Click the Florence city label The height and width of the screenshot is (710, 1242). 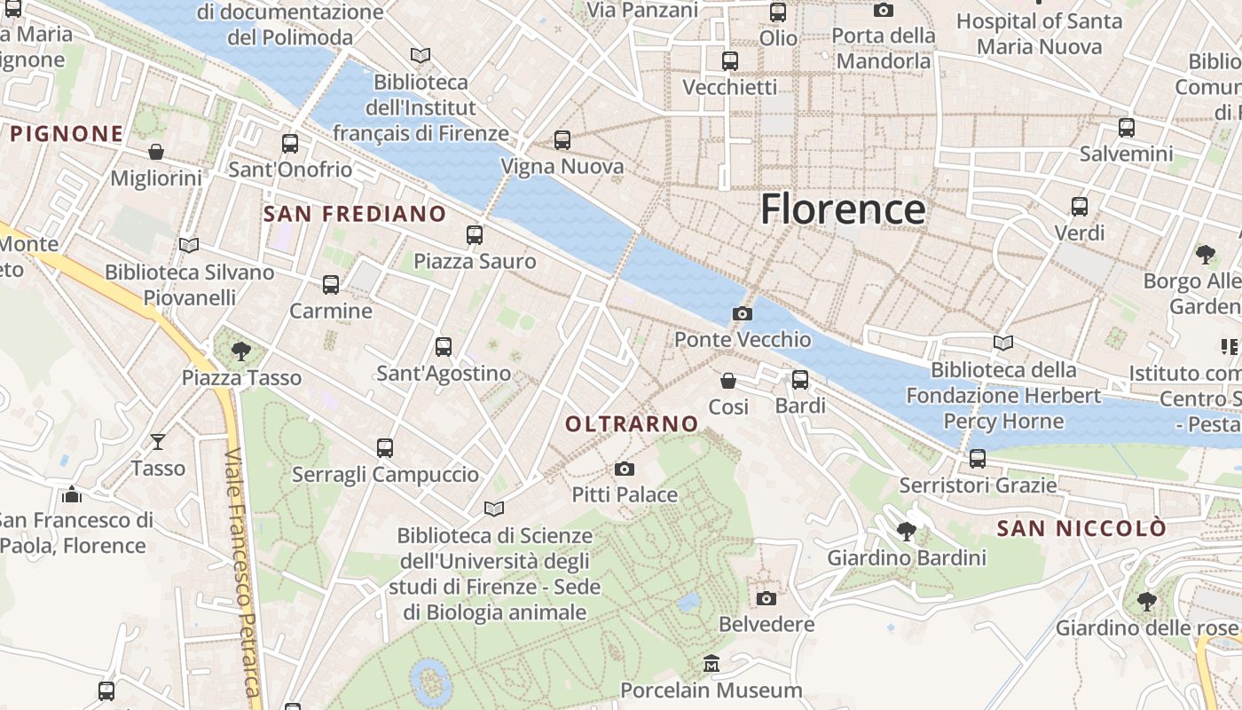click(843, 209)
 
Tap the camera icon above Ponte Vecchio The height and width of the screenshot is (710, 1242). click(743, 313)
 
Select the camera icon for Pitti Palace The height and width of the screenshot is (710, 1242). click(625, 469)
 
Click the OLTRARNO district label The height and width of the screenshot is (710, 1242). click(632, 424)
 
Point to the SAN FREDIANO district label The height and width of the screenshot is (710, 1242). click(355, 214)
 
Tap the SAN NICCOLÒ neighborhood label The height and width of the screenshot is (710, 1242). click(1081, 529)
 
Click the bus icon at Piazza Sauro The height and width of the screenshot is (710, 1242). click(475, 235)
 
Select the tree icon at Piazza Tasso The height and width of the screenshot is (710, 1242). click(240, 351)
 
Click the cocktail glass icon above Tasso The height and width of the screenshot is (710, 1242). click(158, 441)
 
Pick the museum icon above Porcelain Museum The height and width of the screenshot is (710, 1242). click(711, 664)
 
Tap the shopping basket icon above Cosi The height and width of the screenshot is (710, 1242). click(728, 381)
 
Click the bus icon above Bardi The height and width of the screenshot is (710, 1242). click(800, 380)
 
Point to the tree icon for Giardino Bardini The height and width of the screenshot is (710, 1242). click(907, 532)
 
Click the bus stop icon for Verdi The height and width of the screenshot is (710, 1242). click(1080, 207)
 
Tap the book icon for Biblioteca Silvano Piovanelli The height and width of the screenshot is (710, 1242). click(189, 245)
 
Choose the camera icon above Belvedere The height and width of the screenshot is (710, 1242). click(766, 598)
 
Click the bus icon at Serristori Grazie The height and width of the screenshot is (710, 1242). click(978, 459)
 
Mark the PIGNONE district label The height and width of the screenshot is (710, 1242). click(67, 134)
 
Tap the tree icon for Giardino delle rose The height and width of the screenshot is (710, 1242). click(1147, 602)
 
